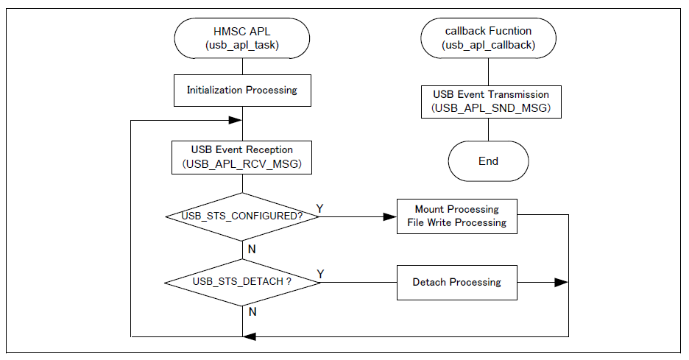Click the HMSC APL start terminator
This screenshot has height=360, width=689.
point(241,38)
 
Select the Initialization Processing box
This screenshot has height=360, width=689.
point(241,90)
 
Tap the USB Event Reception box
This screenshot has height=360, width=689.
point(241,158)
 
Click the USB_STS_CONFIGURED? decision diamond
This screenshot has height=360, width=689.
point(241,216)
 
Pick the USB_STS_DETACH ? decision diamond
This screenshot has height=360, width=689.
point(241,282)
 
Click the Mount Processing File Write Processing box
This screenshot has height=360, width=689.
point(456,216)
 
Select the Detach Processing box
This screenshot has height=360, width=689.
point(456,282)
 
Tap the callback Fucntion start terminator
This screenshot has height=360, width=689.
point(489,38)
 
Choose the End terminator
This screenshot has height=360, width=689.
point(489,161)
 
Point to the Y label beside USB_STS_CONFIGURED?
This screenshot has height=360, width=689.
point(319,208)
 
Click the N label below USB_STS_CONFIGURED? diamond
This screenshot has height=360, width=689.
point(252,249)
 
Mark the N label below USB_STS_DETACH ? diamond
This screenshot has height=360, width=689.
point(252,312)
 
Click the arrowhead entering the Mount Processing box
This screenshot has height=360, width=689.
point(391,216)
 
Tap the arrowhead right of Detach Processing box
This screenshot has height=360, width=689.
point(561,282)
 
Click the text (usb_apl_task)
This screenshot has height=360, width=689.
point(241,46)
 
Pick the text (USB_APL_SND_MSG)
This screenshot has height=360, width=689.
point(489,109)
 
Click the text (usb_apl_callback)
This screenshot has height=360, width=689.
point(489,46)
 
